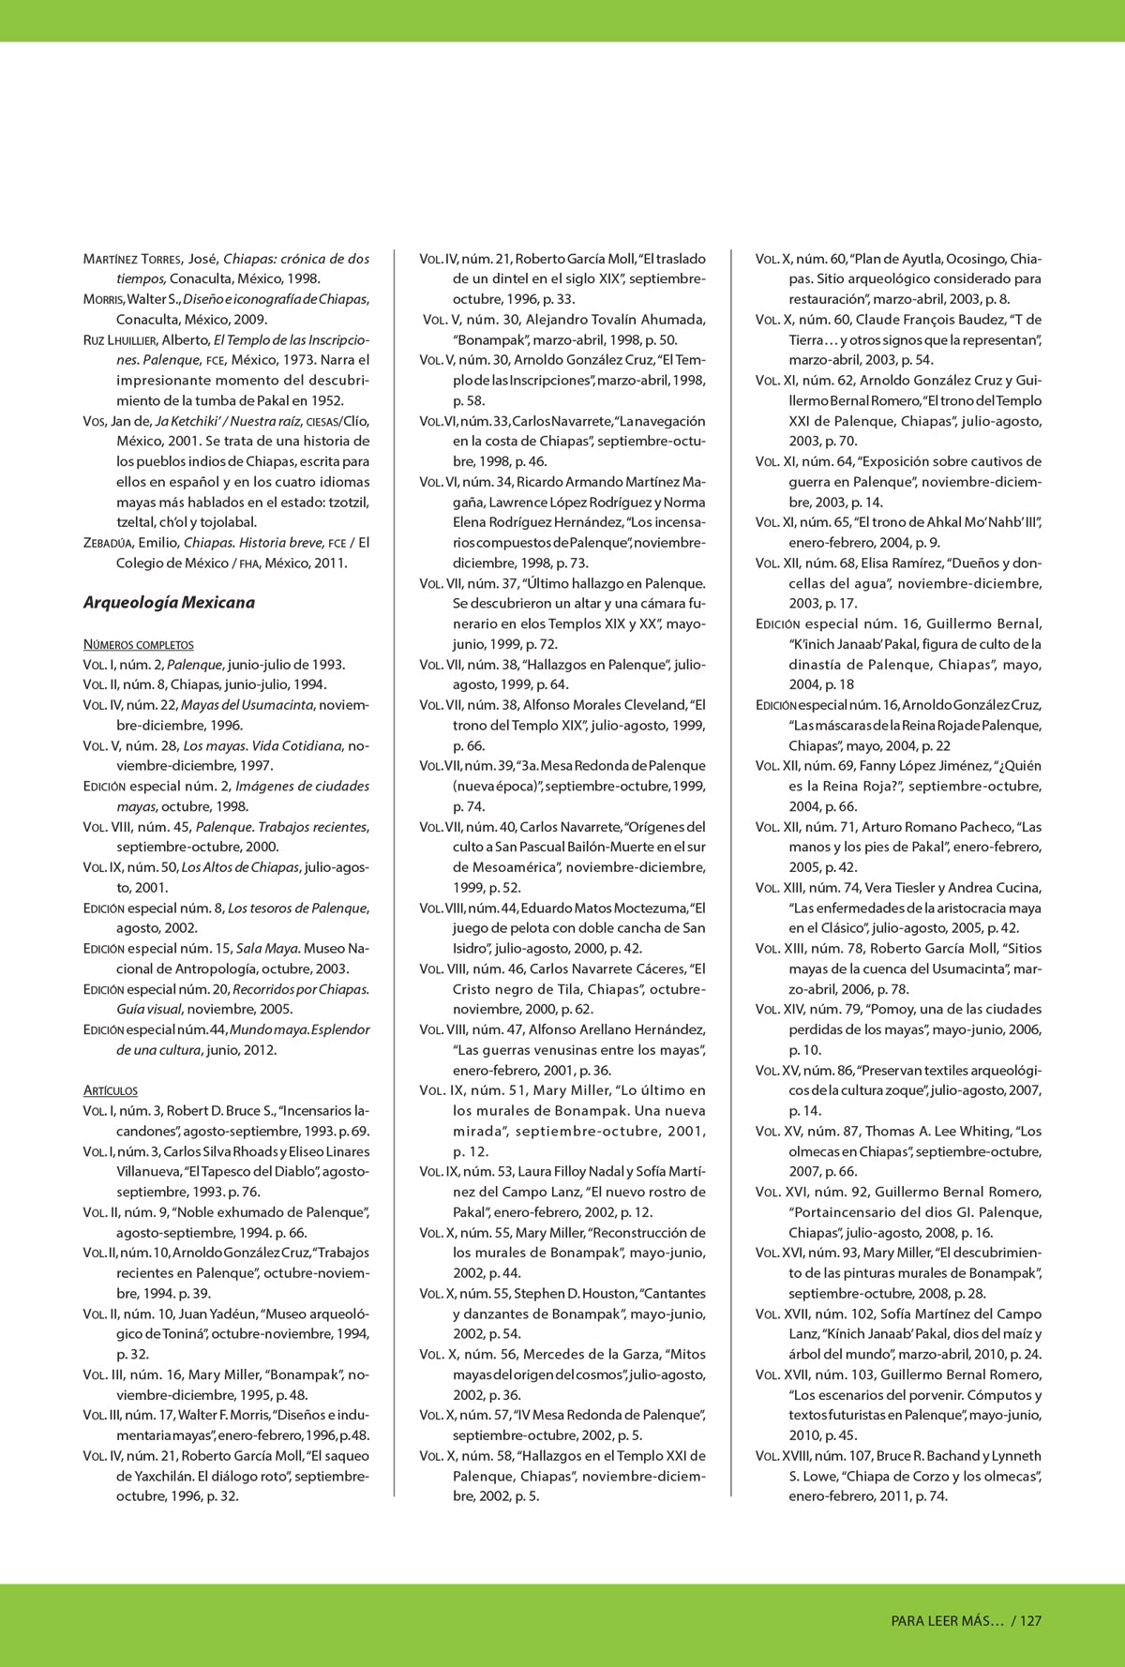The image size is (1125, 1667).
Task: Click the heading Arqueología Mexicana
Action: point(169,602)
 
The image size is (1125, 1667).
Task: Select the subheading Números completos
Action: point(138,644)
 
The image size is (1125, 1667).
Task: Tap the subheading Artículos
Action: point(110,1090)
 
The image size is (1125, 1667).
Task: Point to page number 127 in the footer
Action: point(1030,1620)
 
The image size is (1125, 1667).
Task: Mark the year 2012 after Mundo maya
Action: point(259,1050)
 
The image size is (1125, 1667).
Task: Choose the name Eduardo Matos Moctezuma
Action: point(603,908)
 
